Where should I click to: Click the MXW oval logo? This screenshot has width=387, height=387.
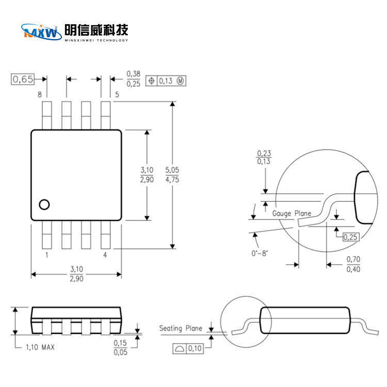click(41, 32)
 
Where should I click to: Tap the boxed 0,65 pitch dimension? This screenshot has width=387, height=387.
click(23, 79)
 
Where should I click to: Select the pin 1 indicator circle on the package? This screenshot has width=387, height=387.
click(44, 205)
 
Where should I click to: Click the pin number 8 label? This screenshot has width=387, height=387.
click(40, 94)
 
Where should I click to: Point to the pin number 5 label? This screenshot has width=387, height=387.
click(117, 94)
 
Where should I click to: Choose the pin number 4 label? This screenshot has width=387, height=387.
click(105, 255)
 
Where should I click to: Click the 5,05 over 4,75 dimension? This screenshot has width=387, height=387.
click(172, 175)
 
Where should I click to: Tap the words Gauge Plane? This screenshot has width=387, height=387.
click(292, 214)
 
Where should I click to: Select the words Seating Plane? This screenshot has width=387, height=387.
click(181, 328)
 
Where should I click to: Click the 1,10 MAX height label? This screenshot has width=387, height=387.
click(40, 347)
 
